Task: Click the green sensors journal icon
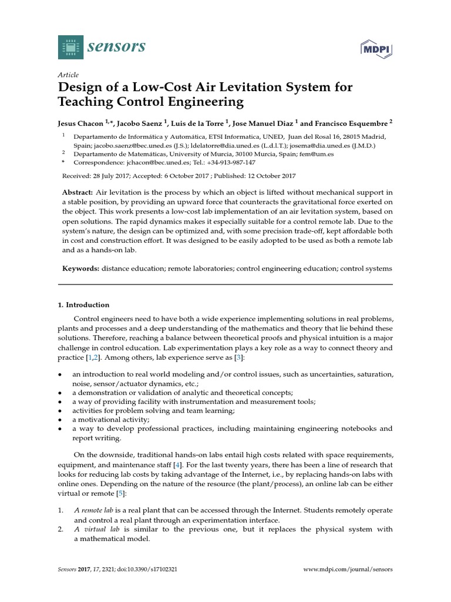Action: (x=71, y=46)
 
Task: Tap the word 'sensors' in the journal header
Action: (x=117, y=46)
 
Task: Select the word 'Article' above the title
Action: (x=69, y=75)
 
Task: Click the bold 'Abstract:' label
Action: (x=78, y=192)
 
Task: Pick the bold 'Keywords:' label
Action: (x=80, y=268)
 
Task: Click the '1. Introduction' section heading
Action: (x=83, y=305)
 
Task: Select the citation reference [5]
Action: (x=120, y=493)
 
